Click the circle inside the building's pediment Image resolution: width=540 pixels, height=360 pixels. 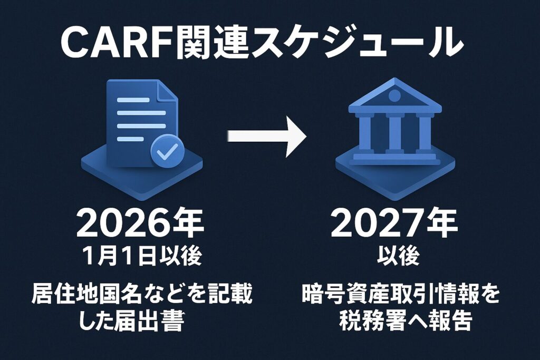pyautogui.click(x=392, y=95)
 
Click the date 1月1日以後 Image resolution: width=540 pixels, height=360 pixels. pyautogui.click(x=142, y=256)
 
